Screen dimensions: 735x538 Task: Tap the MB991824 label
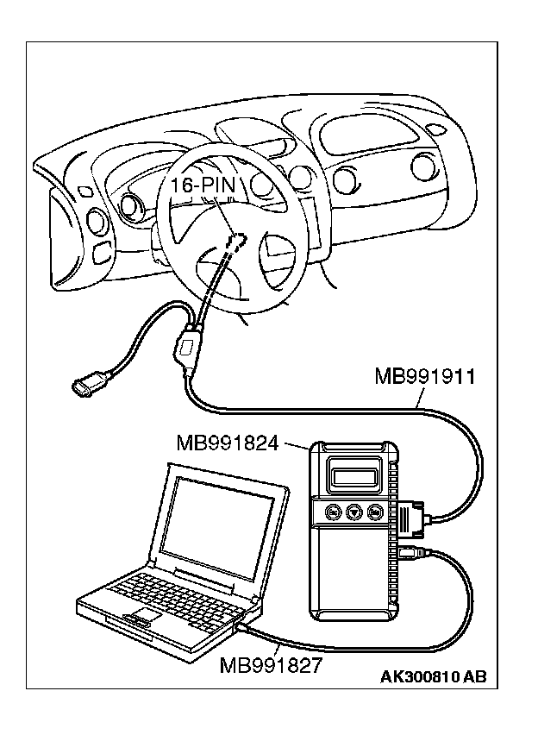(x=228, y=443)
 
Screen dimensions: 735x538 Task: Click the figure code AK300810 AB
(x=433, y=677)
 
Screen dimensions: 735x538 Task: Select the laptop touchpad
(x=141, y=618)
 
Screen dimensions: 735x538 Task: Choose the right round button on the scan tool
(x=375, y=512)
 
